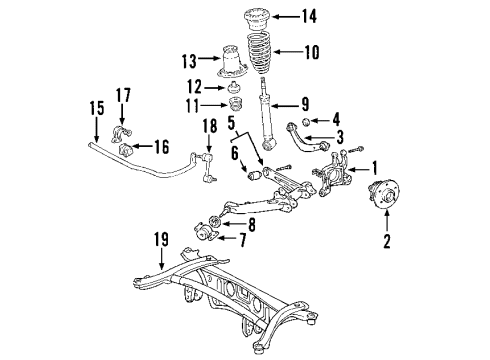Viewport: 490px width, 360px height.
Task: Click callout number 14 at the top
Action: coord(310,16)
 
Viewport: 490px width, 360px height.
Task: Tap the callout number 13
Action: coord(189,61)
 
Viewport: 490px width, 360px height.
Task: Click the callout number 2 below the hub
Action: coord(388,240)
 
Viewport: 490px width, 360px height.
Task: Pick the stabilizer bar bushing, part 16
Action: coord(128,150)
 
